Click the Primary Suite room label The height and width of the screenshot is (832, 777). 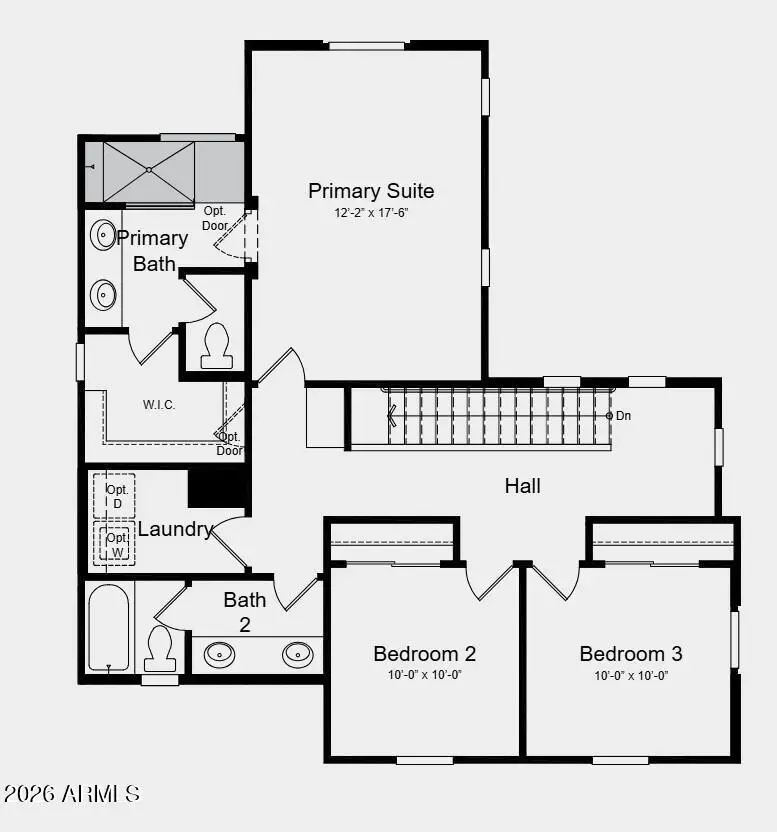[370, 191]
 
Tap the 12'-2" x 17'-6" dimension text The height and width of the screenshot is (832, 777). [371, 213]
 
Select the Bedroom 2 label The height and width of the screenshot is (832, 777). [424, 654]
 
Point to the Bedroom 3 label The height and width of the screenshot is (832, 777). [631, 654]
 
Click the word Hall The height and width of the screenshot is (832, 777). [522, 486]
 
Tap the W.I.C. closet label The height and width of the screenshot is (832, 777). [159, 405]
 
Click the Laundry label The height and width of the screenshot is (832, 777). [175, 529]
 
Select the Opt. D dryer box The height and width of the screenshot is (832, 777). [115, 496]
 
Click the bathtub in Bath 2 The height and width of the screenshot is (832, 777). [108, 628]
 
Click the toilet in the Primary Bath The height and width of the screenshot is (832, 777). [216, 345]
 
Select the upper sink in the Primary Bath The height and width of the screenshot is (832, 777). [103, 235]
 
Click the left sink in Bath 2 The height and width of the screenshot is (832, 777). [220, 655]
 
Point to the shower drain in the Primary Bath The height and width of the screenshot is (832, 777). [148, 171]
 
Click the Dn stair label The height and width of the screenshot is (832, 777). [622, 415]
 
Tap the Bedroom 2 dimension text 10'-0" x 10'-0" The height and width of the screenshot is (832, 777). [424, 675]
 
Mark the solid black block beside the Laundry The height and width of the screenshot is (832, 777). [218, 487]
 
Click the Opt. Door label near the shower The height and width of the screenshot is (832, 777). [215, 217]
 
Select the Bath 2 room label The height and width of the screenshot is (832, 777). [244, 611]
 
